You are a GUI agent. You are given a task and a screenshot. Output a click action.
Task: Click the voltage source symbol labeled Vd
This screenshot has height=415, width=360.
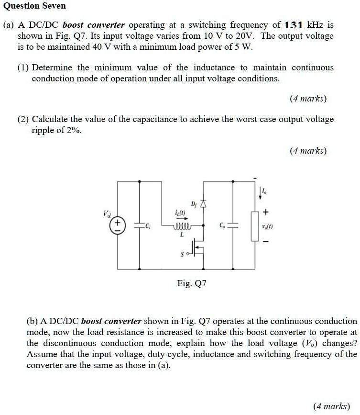click(x=117, y=225)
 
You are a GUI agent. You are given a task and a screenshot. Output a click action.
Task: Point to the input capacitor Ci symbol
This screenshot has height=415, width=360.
click(x=140, y=225)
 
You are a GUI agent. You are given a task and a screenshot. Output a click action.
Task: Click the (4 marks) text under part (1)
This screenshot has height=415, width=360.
click(x=308, y=99)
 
